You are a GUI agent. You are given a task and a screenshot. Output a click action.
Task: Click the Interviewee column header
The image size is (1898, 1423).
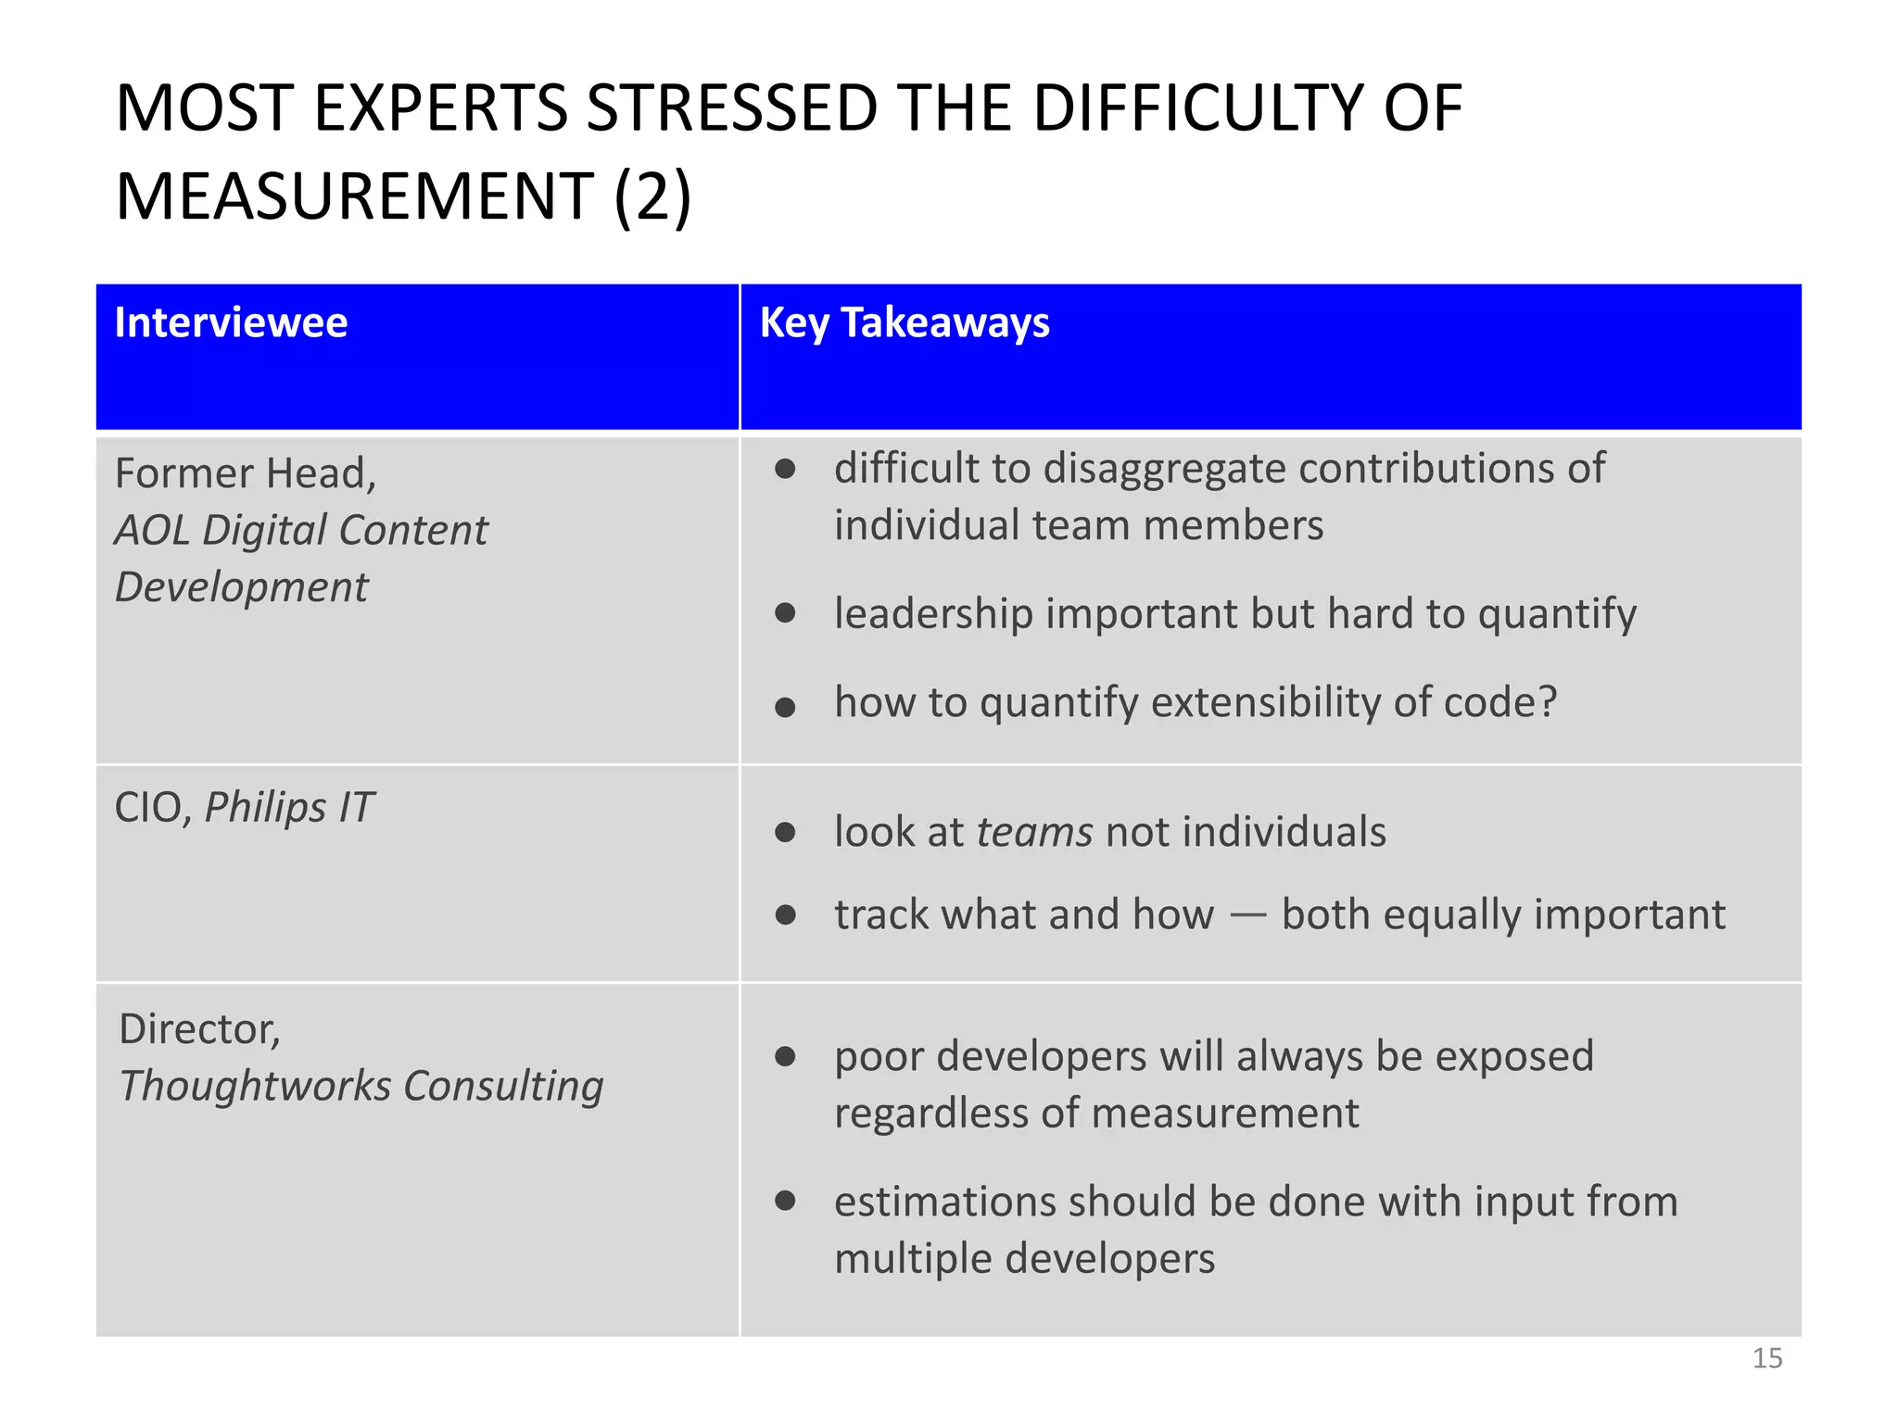coord(231,323)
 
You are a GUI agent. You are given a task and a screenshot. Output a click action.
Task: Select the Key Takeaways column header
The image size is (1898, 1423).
coord(905,323)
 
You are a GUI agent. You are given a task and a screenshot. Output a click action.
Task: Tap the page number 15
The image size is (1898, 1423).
coord(1766,1358)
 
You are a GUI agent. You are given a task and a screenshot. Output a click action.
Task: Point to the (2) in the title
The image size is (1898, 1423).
coord(652,197)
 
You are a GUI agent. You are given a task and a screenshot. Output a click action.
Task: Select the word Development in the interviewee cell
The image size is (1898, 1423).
coord(242,587)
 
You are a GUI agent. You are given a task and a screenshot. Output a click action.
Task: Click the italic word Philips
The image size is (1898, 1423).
coord(265,807)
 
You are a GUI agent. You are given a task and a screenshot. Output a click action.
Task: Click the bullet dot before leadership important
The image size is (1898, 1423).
coord(785,613)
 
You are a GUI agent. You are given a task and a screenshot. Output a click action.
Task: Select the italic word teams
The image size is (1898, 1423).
coord(1034,832)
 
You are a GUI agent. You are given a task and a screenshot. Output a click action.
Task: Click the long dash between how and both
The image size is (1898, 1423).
coord(1247,915)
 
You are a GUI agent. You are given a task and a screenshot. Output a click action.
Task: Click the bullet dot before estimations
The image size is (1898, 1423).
coord(785,1202)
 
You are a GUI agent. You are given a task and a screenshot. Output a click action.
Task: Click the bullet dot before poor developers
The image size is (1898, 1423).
coord(785,1057)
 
